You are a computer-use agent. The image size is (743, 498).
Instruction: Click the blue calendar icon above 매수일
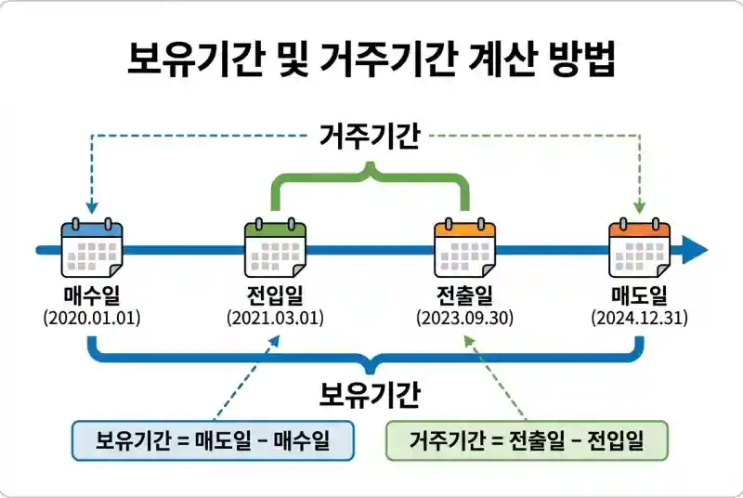coord(92,248)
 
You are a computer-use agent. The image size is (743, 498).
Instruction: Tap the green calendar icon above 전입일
coord(275,248)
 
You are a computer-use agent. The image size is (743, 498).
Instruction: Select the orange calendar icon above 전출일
coord(464,248)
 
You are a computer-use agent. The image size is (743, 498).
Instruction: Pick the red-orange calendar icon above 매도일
coord(639,248)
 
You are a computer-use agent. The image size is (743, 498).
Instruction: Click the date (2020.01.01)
coord(92,318)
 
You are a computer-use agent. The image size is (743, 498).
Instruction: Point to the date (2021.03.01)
coord(275,318)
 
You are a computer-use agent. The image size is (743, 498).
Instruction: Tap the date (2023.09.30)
coord(464,318)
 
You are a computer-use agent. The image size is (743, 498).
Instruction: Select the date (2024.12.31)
coord(639,318)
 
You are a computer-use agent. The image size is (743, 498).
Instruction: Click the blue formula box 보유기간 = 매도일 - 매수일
coord(214,440)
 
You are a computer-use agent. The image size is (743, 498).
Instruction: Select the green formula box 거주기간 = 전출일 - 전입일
coord(527,440)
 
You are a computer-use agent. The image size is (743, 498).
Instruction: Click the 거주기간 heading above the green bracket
coord(370,138)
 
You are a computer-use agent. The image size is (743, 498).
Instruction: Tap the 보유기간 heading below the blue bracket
coord(370,394)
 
